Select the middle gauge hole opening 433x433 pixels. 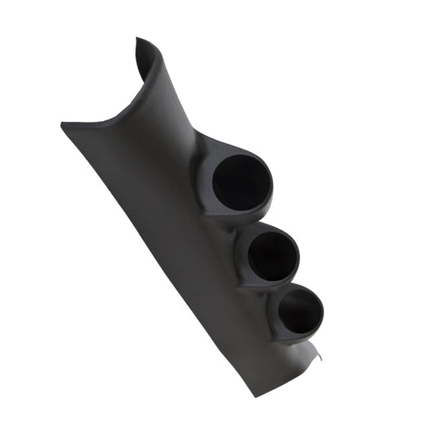(271, 254)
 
